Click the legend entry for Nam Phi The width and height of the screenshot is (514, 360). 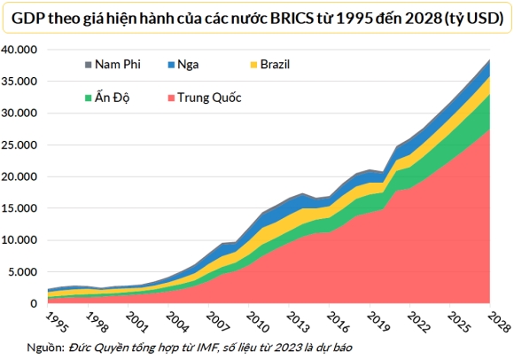pyautogui.click(x=116, y=65)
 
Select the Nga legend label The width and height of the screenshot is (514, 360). pyautogui.click(x=186, y=65)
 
